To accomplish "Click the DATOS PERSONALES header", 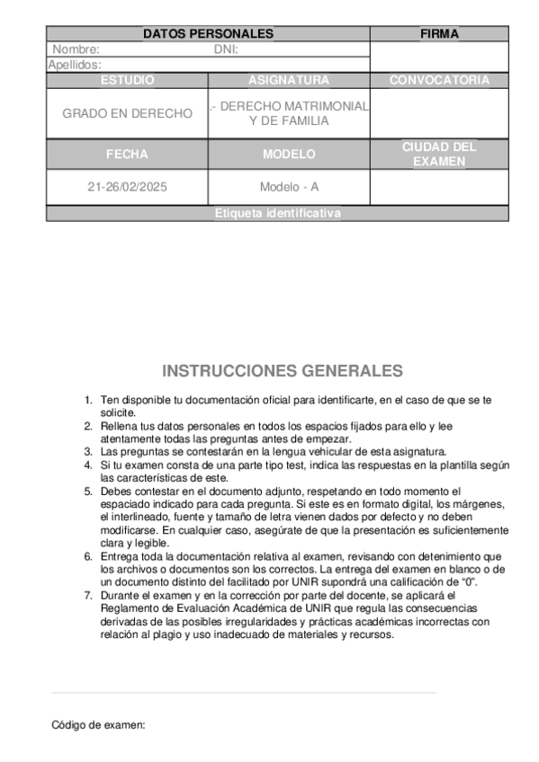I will point(208,34).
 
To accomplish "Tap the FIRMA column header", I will point(439,34).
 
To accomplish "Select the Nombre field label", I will point(76,49).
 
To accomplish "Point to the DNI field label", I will point(226,49).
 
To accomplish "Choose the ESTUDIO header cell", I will point(127,80).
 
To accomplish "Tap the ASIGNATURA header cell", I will point(289,80).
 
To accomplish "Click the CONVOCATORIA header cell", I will point(439,80).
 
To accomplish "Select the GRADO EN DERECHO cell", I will point(127,114).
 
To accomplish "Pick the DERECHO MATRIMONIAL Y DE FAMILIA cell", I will point(289,113).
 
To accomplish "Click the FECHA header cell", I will point(127,154).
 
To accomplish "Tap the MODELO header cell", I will point(289,154).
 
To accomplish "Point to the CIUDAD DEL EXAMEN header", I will point(439,154).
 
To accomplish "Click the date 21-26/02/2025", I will point(127,188).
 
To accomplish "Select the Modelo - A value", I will point(289,188).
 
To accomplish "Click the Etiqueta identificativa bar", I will point(277,214).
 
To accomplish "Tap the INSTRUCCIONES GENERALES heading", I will point(283,371).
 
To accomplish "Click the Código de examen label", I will point(98,724).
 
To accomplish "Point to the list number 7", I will point(87,596).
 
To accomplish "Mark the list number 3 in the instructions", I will point(87,451).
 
